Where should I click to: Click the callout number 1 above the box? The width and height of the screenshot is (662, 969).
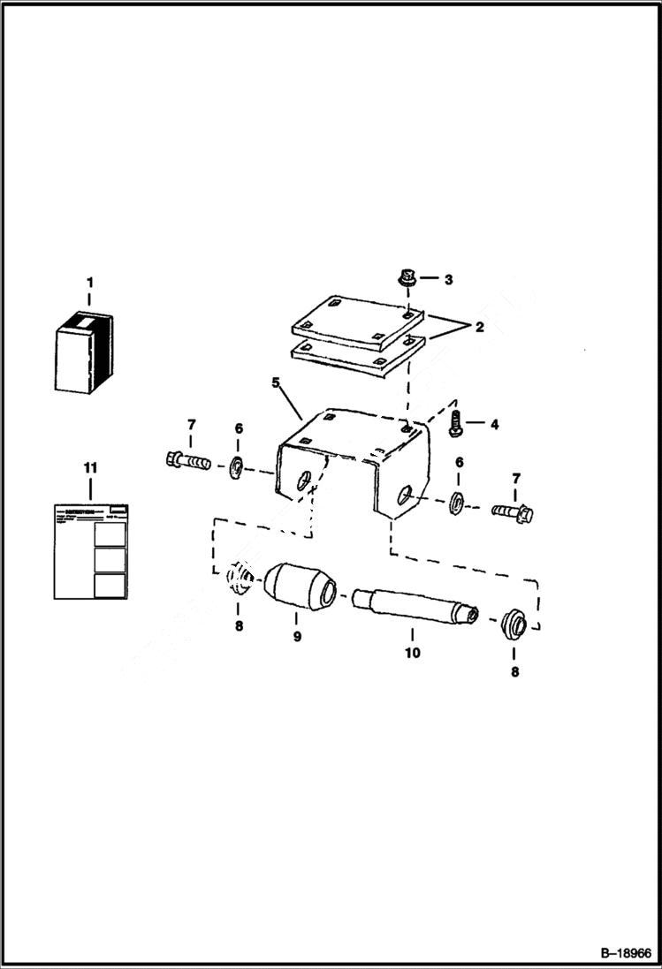(x=88, y=283)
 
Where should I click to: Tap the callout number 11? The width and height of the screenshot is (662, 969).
(x=89, y=466)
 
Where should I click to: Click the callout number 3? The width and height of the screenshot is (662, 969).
(x=448, y=279)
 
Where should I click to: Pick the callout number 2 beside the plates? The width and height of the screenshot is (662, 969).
(x=478, y=327)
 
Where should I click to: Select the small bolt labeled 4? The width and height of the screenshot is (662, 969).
(x=456, y=422)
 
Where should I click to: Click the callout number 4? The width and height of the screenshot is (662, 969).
(x=493, y=424)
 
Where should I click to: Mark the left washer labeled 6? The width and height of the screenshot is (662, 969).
(x=238, y=466)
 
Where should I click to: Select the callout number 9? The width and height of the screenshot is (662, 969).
(x=297, y=636)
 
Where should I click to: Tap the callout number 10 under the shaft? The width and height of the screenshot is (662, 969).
(x=412, y=654)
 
